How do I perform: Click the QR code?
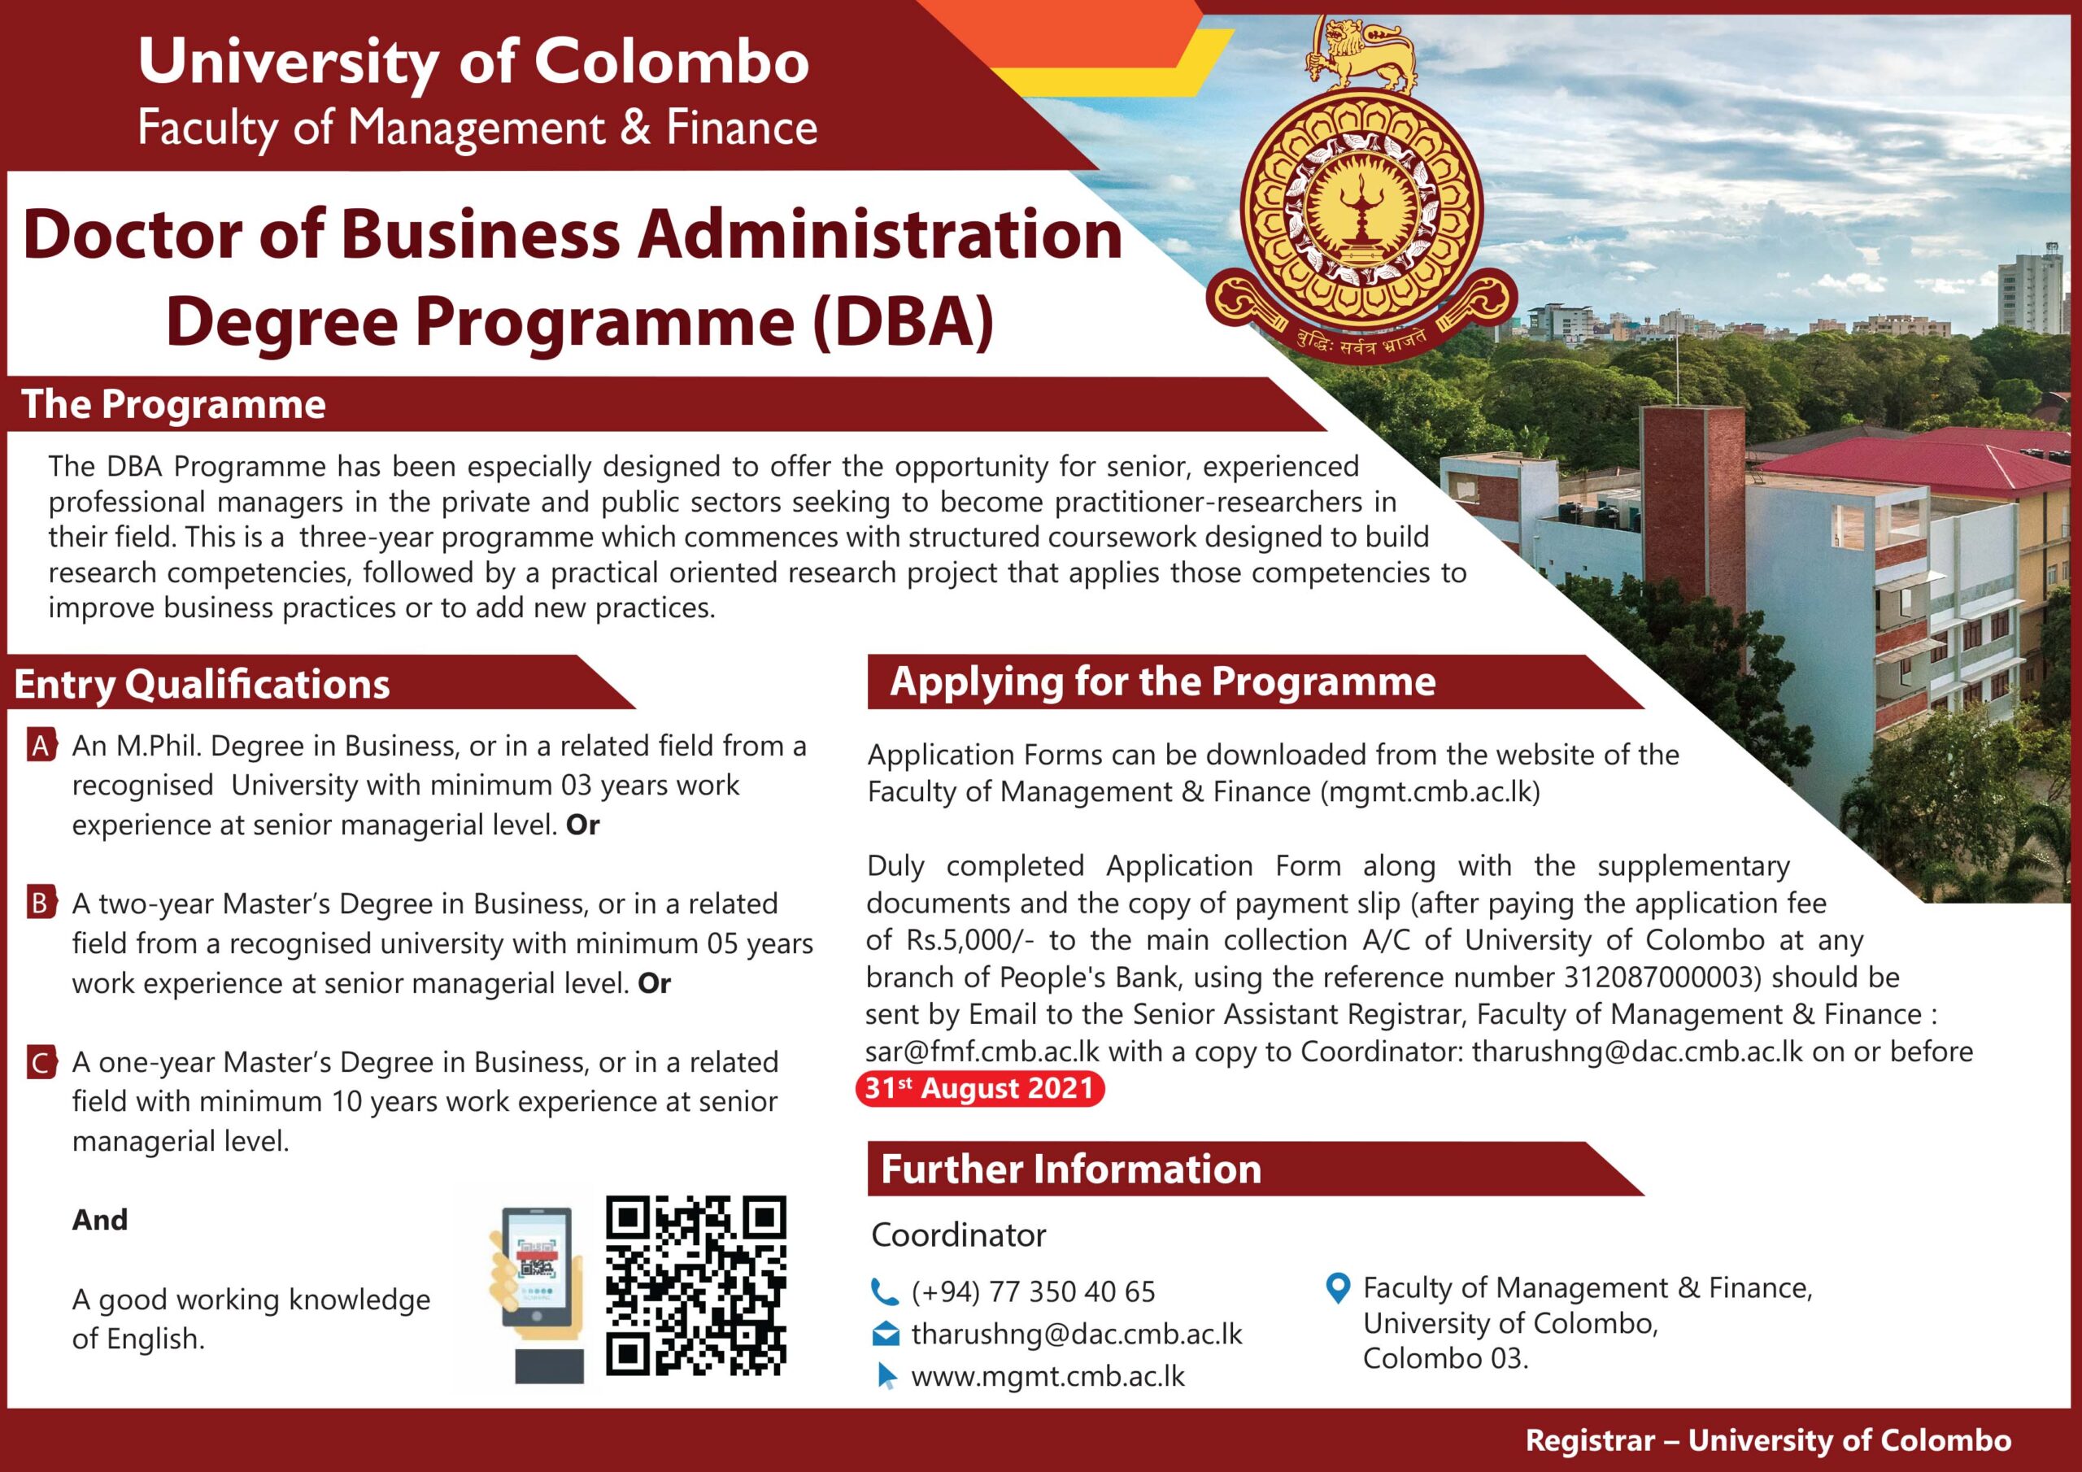point(695,1284)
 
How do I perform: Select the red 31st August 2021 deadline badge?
point(979,1088)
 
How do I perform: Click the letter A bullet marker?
point(40,747)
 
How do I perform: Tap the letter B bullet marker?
point(40,904)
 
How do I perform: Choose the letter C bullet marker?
point(40,1062)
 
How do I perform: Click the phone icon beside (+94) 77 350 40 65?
point(883,1291)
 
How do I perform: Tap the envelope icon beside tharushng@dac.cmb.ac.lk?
point(885,1334)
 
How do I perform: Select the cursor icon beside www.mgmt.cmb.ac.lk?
point(886,1377)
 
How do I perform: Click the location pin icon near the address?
point(1338,1288)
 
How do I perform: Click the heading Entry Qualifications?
point(203,684)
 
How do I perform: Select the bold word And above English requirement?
point(100,1220)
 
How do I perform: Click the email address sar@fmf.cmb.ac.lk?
point(982,1052)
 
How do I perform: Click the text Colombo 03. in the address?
point(1445,1359)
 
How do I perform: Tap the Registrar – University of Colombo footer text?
point(1768,1440)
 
